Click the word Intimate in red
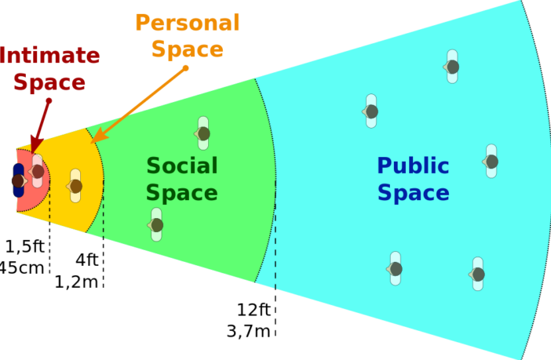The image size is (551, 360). (x=50, y=56)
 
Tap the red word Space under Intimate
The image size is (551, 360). (x=50, y=82)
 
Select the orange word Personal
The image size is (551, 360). (x=187, y=22)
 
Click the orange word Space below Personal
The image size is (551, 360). (x=187, y=49)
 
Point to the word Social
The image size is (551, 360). (x=182, y=165)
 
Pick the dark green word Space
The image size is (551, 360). (x=182, y=193)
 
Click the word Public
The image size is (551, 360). (x=413, y=166)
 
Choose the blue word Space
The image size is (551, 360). (x=413, y=193)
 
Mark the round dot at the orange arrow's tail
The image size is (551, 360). (x=187, y=68)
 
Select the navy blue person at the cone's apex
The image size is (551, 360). (x=18, y=181)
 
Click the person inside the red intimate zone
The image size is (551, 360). (x=37, y=171)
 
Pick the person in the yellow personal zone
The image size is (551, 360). (x=75, y=186)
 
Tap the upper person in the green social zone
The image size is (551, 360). (x=203, y=133)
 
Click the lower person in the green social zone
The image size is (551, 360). (x=156, y=225)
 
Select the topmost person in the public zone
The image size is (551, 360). (x=452, y=67)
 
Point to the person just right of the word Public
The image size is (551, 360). (x=491, y=162)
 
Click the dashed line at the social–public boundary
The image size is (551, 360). (x=275, y=235)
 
